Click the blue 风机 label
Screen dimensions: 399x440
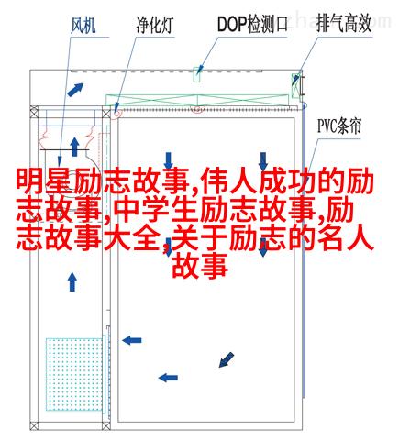tap(83, 25)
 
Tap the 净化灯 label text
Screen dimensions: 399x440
tap(155, 25)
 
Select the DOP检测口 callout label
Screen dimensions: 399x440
tap(252, 25)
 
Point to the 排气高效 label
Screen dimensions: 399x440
tap(344, 23)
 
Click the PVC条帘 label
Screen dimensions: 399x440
tap(339, 126)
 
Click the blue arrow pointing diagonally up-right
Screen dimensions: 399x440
tap(75, 90)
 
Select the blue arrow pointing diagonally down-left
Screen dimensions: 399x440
tap(227, 359)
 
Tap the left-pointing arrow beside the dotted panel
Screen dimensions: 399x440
tap(132, 340)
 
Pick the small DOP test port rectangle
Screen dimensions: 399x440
tap(197, 74)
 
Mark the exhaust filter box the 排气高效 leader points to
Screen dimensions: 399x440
tap(295, 85)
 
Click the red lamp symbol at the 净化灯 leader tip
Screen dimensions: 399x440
tap(117, 113)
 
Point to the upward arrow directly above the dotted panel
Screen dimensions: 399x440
tap(72, 282)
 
